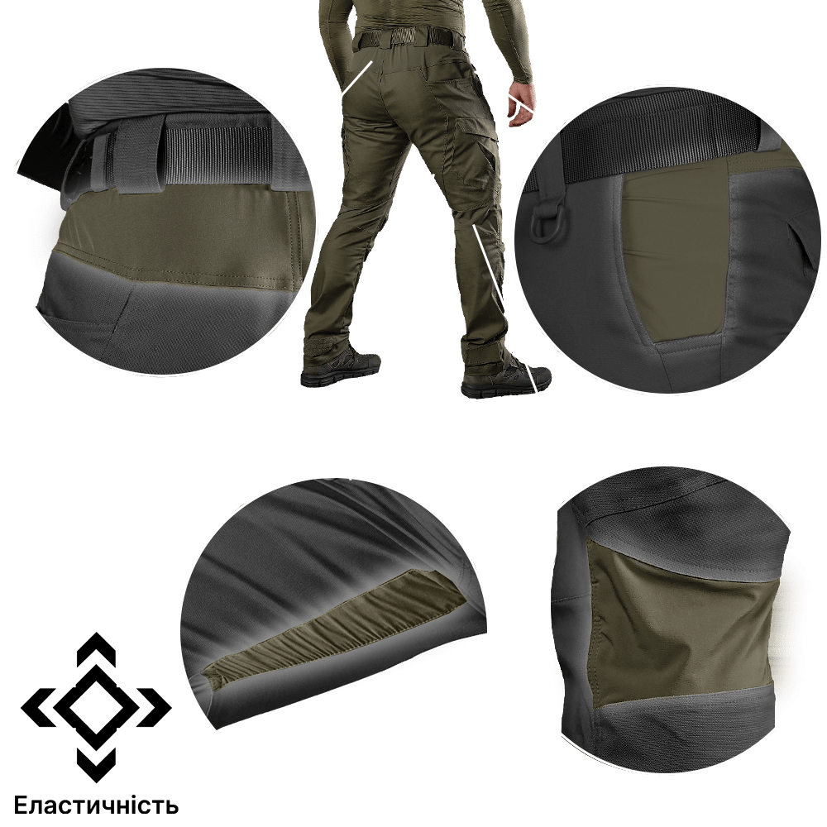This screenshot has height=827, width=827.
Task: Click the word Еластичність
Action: pyautogui.click(x=97, y=805)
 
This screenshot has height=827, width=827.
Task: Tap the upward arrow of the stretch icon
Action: pyautogui.click(x=96, y=648)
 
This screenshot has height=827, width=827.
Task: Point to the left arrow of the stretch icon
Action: pyautogui.click(x=38, y=707)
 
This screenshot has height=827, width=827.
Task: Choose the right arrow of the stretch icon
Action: pyautogui.click(x=154, y=707)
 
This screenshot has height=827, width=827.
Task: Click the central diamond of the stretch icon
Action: pyautogui.click(x=96, y=707)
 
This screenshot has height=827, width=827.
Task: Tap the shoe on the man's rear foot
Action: pyautogui.click(x=340, y=366)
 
